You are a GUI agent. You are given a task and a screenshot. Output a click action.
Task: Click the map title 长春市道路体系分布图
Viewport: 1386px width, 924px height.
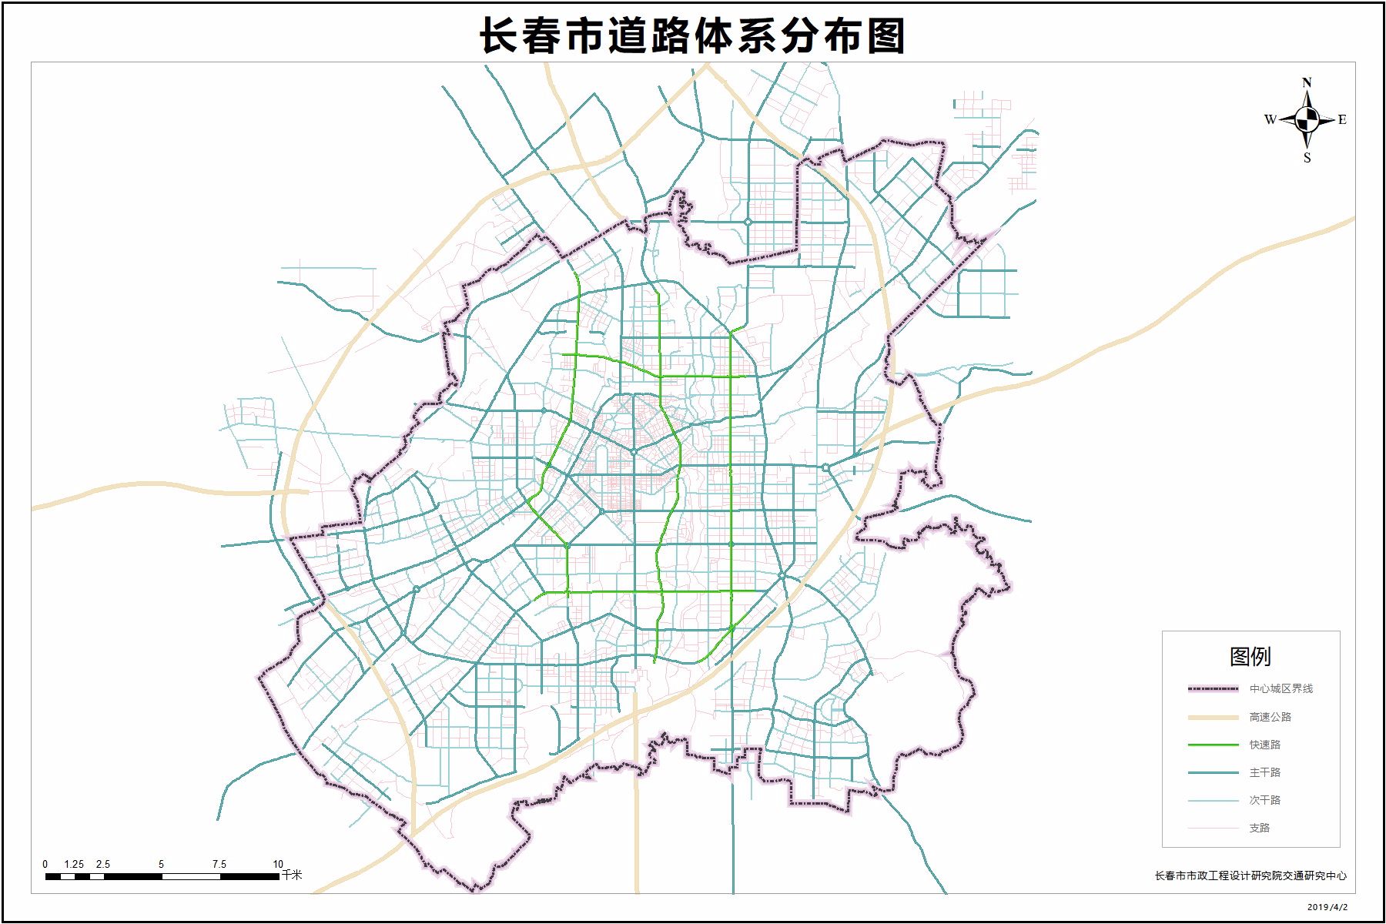(692, 35)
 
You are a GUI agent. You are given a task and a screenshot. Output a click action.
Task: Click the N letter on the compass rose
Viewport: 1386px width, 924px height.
(1307, 82)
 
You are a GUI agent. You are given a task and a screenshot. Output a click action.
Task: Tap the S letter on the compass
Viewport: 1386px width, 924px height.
(1307, 158)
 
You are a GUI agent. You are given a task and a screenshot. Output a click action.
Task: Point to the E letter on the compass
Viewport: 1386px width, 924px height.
(1342, 119)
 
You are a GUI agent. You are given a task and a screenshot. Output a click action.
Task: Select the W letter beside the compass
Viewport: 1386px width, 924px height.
(1270, 119)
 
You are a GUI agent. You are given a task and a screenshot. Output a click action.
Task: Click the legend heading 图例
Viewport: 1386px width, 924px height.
(1250, 656)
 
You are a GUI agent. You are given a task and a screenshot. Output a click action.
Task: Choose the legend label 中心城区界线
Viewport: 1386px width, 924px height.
(1281, 689)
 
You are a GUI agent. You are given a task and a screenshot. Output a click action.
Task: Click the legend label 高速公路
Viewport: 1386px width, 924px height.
(1270, 717)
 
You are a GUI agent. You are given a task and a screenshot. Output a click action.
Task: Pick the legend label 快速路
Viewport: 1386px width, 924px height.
(1264, 745)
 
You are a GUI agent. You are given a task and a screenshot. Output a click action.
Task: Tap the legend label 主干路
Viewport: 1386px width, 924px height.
(1264, 772)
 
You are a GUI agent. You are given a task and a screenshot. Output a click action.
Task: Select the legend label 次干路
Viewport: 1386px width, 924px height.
(1264, 800)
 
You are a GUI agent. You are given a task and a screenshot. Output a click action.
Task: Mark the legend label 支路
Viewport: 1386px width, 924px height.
(1259, 828)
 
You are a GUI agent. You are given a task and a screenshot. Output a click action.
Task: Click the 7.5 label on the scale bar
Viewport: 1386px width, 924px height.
(219, 864)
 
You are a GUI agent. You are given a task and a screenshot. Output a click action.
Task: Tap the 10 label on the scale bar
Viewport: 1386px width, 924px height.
(278, 864)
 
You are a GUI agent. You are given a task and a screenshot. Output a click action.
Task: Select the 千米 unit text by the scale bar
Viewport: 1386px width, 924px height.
(292, 875)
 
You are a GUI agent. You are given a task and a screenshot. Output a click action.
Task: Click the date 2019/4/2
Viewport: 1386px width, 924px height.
(1327, 907)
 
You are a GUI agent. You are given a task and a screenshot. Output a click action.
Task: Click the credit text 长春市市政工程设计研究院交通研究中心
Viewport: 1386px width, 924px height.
(1250, 875)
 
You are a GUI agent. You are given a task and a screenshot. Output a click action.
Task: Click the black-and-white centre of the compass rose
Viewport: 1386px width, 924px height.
(1307, 119)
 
